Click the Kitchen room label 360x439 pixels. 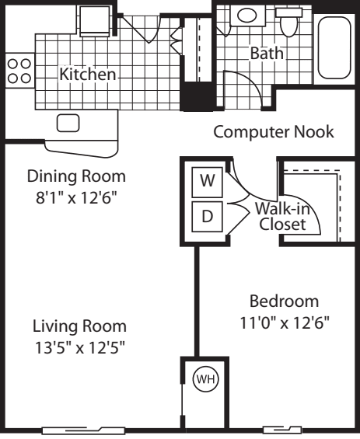[88, 75]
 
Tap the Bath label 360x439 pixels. [267, 54]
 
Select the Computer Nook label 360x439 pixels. [274, 132]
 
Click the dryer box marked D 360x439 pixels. [207, 217]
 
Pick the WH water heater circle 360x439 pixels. [204, 381]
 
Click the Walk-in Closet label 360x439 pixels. [281, 217]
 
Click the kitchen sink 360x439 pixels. [68, 123]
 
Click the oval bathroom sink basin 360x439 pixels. [248, 15]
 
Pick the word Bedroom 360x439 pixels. [284, 301]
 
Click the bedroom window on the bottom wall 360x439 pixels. [281, 430]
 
